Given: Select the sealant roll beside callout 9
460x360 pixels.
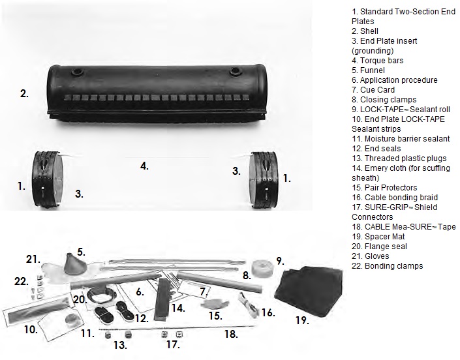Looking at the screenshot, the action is tap(262, 267).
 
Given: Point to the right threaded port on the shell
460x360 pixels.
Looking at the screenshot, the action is tap(236, 70).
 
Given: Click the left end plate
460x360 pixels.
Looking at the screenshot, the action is tap(48, 179).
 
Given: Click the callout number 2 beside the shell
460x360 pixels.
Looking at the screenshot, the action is tap(24, 94).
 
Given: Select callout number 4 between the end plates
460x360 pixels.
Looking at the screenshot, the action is tap(144, 166).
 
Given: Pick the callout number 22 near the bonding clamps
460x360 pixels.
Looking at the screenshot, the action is tap(22, 281).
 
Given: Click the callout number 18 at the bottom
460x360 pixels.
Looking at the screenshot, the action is tap(231, 334).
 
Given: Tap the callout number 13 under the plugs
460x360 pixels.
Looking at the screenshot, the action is tap(120, 345).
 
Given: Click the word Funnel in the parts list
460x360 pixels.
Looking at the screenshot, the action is tap(373, 70).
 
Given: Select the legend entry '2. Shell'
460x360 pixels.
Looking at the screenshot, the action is tap(365, 31).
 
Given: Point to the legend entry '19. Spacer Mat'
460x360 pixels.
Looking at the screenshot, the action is tap(378, 237).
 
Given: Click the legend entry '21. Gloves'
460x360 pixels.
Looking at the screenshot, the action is tap(371, 256).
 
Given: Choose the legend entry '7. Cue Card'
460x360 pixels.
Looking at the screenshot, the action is tap(373, 90).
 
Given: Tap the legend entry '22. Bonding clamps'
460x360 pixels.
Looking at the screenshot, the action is tap(387, 266).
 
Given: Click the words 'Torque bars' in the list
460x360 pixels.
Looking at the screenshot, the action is tap(382, 61).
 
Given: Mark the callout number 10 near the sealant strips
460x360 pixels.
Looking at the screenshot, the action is tap(31, 329).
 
